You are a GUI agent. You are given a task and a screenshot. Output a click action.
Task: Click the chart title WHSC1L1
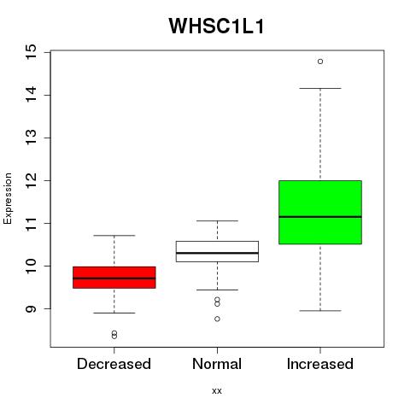[217, 26]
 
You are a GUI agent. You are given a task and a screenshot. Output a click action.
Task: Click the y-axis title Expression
[8, 198]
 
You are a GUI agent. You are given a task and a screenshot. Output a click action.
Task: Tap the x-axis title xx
[217, 390]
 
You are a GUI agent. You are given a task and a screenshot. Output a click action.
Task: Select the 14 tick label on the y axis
[32, 95]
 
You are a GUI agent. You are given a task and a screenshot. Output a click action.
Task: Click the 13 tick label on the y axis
[32, 138]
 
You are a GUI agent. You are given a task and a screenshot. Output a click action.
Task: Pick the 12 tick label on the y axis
[32, 180]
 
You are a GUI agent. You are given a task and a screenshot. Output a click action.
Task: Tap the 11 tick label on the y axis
[32, 223]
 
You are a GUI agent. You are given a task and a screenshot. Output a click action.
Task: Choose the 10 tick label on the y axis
[32, 266]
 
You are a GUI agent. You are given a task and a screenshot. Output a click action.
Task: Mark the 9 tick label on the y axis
[32, 308]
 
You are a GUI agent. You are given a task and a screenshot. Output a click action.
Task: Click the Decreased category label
[114, 364]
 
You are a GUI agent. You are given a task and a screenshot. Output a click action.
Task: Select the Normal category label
[217, 364]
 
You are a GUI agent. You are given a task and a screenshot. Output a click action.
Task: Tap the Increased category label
[320, 364]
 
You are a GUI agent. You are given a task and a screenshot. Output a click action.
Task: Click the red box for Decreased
[114, 278]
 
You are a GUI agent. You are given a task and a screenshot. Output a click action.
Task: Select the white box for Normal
[217, 251]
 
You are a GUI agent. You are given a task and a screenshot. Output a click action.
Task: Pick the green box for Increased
[320, 212]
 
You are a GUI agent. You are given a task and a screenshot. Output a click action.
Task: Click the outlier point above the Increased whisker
[320, 61]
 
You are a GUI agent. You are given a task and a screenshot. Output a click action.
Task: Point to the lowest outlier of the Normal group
[217, 319]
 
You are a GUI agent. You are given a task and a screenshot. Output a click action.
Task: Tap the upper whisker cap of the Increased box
[320, 88]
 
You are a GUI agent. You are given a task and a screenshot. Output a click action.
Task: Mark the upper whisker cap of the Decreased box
[114, 236]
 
